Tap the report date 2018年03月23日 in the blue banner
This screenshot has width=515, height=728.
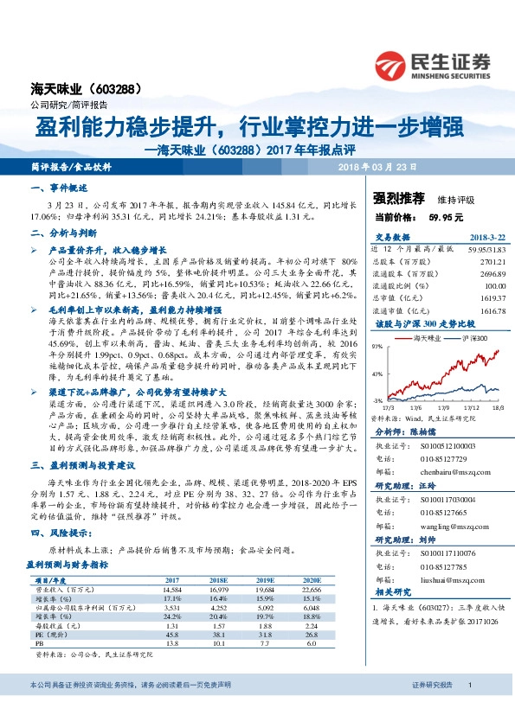coord(377,166)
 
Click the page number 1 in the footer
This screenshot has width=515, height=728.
coord(469,710)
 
